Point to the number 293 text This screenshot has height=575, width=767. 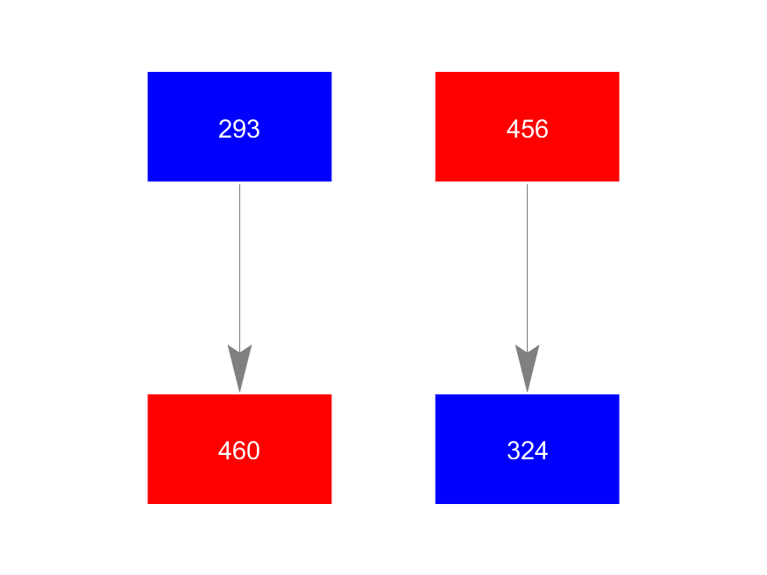click(239, 130)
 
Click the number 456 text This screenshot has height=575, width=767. click(527, 130)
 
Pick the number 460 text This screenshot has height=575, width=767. click(239, 451)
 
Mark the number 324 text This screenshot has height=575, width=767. click(527, 451)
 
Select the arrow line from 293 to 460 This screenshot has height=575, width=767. click(239, 263)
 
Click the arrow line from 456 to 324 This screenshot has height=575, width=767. click(527, 263)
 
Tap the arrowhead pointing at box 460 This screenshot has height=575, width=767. click(239, 368)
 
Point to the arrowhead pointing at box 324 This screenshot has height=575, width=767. click(527, 368)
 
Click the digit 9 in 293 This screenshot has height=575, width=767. click(239, 130)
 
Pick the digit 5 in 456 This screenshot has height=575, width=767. click(527, 130)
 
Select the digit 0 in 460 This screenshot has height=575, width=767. click(253, 451)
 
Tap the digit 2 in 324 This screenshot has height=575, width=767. click(527, 451)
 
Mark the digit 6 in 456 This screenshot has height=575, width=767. click(541, 130)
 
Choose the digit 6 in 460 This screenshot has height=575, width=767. click(239, 451)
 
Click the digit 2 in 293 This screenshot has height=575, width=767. click(225, 130)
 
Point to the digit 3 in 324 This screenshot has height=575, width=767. click(514, 451)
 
